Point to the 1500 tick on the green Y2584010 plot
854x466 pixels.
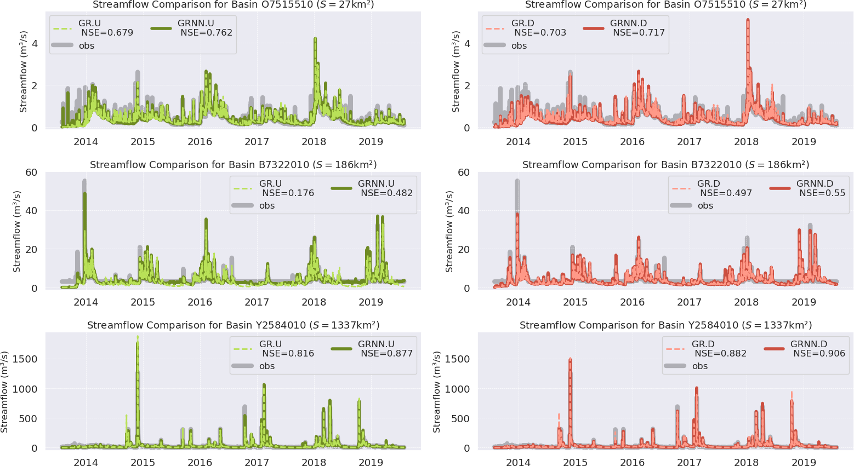[x=26, y=359]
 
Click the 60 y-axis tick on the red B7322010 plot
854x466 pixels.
[x=464, y=172]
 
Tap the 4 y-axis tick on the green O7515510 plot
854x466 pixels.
[x=35, y=43]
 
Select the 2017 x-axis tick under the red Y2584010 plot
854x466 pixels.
[x=689, y=462]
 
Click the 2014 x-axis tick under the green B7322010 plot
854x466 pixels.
[x=86, y=302]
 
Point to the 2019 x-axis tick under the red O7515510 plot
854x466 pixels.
[x=804, y=142]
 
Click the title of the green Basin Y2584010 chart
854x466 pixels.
[x=233, y=325]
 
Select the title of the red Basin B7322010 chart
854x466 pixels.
[x=665, y=165]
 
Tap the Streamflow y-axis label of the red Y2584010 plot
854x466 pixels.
[x=436, y=392]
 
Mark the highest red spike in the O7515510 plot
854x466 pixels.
[x=748, y=21]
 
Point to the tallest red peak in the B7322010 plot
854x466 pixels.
[x=517, y=215]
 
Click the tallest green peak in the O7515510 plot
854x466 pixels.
[x=315, y=39]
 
